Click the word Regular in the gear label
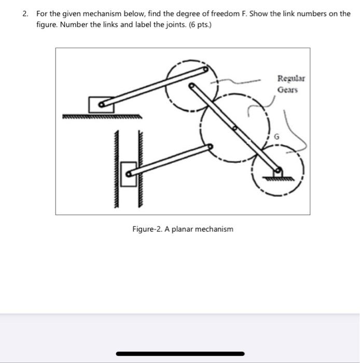[291, 79]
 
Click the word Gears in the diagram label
[287, 89]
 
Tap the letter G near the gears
[276, 137]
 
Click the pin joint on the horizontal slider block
[102, 106]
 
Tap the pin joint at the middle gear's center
[234, 128]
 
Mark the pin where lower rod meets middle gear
[210, 146]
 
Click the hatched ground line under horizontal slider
[101, 117]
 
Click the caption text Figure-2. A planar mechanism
[183, 229]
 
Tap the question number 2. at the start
[25, 13]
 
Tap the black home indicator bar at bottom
[180, 354]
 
